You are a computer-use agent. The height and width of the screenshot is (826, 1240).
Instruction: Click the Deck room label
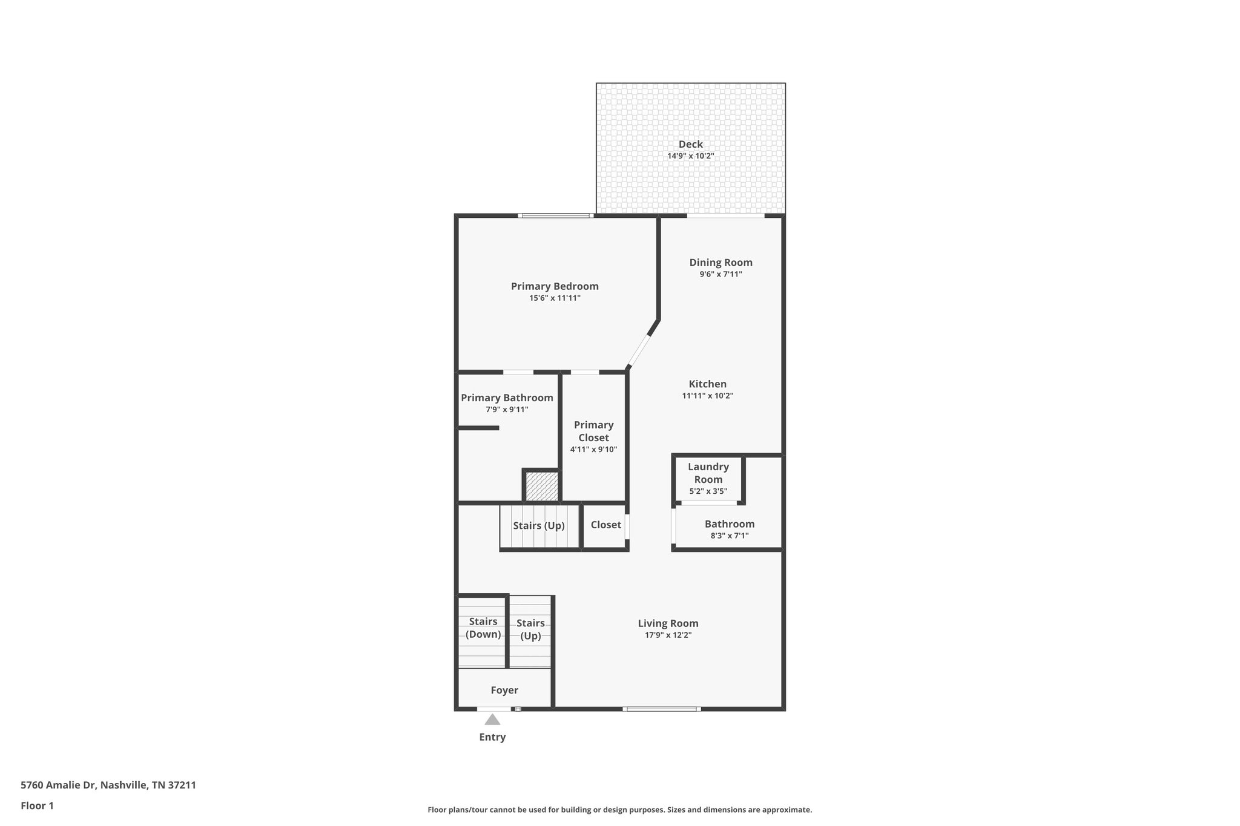click(690, 144)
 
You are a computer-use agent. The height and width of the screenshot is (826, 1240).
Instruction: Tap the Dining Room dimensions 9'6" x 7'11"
click(721, 274)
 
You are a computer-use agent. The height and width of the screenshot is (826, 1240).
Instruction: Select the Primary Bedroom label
click(555, 286)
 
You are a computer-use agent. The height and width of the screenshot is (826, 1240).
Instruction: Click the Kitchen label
click(707, 384)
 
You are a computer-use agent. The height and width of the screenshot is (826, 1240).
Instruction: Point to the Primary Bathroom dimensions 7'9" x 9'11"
click(507, 410)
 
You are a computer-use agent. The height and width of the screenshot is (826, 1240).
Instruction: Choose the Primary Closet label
click(593, 431)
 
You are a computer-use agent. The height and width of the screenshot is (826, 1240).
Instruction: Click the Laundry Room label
click(708, 473)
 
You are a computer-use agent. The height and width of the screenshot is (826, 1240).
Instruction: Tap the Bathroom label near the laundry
click(729, 524)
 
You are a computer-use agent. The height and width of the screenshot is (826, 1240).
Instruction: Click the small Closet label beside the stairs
click(605, 525)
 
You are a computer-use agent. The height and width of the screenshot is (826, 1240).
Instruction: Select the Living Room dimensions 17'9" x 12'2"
click(668, 635)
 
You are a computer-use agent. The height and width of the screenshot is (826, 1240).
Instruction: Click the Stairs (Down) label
click(483, 628)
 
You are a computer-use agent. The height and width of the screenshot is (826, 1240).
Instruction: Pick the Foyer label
click(504, 690)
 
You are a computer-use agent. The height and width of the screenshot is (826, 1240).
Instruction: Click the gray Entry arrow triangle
click(492, 720)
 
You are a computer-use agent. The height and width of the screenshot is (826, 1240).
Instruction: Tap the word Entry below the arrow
click(492, 737)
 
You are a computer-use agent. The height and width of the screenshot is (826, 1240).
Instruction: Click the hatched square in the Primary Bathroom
click(541, 487)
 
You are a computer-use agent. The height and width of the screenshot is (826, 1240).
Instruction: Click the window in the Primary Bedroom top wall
click(555, 215)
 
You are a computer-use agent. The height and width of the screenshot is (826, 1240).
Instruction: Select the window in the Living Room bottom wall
click(661, 709)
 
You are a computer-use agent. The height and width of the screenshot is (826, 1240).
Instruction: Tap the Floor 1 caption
click(37, 806)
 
